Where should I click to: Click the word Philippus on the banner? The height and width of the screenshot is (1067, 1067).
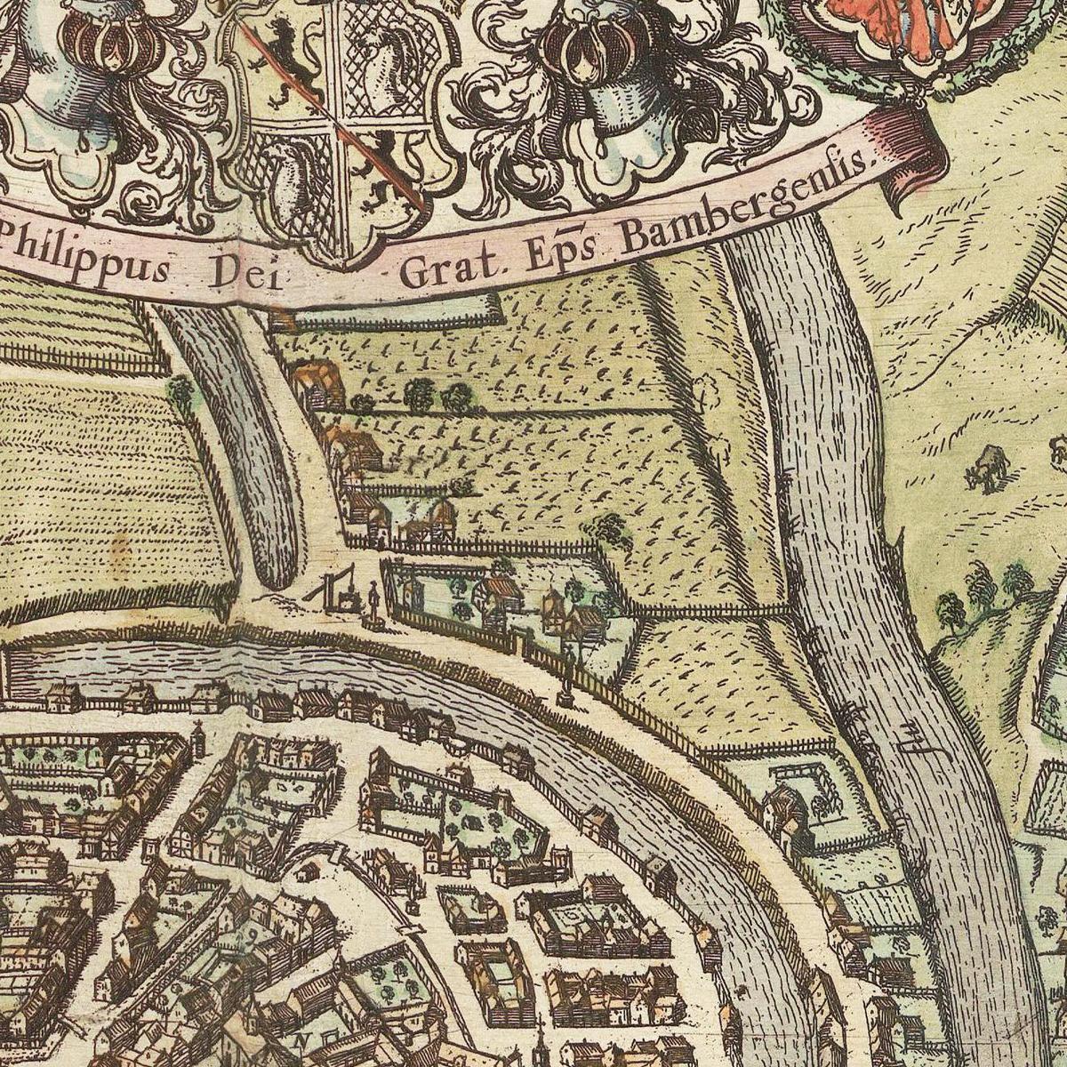[x=84, y=259]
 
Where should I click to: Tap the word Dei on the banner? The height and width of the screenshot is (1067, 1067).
[x=243, y=275]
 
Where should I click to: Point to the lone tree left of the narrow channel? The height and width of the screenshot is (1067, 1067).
[x=181, y=390]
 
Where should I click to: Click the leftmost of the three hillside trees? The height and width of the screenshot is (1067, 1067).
[x=950, y=610]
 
